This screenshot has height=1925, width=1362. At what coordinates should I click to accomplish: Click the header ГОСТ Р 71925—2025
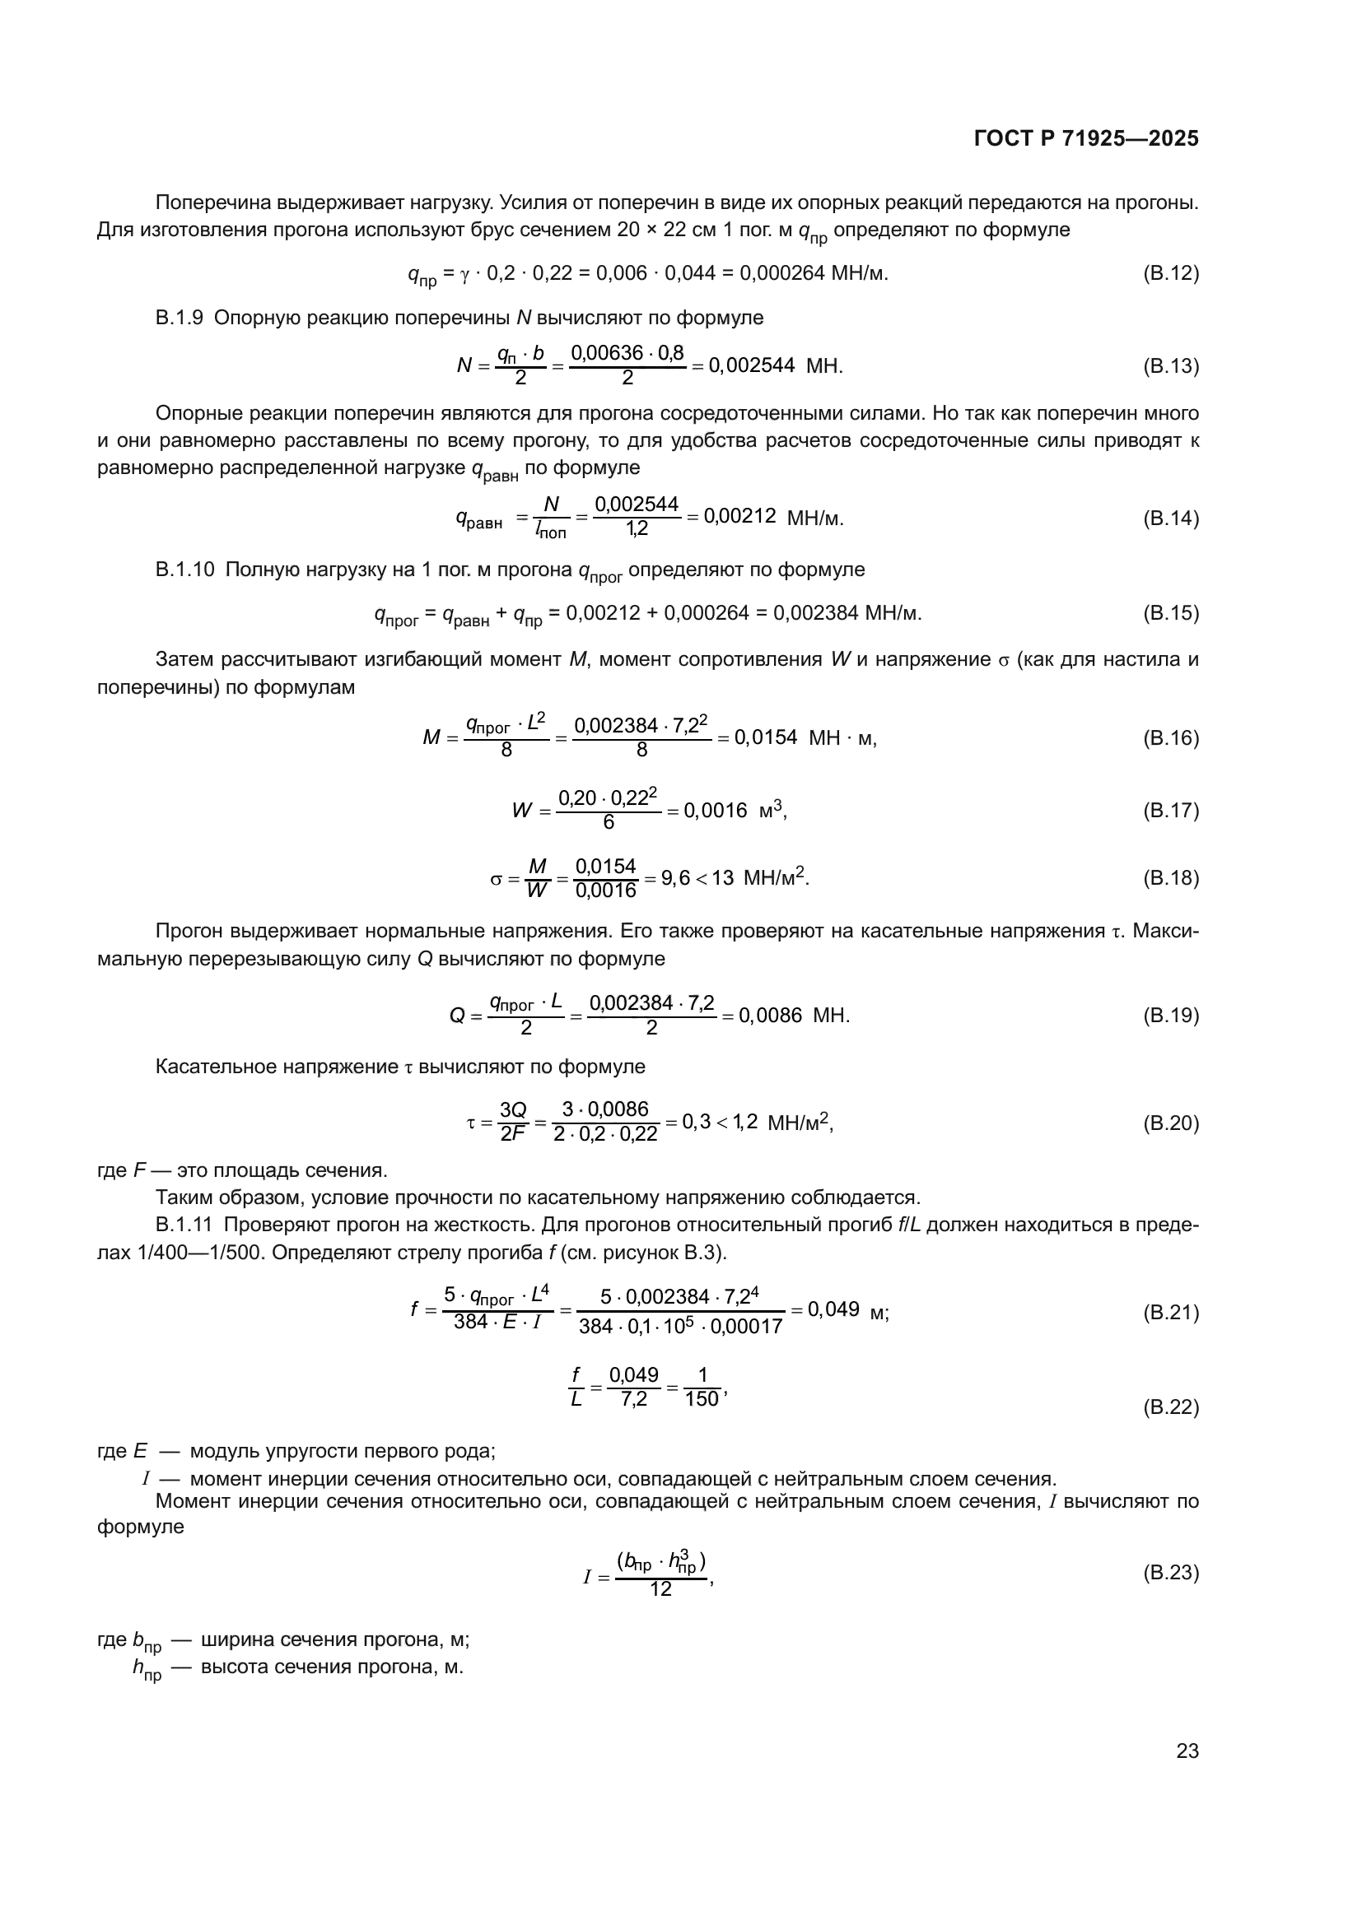point(1086,138)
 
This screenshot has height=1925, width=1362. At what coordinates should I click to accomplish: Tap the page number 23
point(1187,1751)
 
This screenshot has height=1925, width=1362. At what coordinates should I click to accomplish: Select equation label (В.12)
point(1171,273)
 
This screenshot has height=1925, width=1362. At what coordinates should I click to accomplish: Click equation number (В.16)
point(1171,737)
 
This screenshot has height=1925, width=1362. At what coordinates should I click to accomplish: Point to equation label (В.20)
point(1171,1123)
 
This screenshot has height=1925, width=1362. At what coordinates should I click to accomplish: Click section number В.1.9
point(179,318)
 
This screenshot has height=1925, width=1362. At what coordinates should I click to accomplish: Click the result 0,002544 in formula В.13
point(752,365)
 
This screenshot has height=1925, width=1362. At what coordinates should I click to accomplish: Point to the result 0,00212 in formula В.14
point(739,517)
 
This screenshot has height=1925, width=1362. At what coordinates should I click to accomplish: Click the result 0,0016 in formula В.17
point(716,811)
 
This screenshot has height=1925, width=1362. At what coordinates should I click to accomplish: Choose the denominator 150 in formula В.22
point(702,1399)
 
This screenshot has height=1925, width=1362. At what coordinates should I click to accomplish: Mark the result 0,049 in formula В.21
point(833,1309)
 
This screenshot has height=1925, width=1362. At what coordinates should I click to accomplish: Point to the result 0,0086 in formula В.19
point(770,1016)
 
